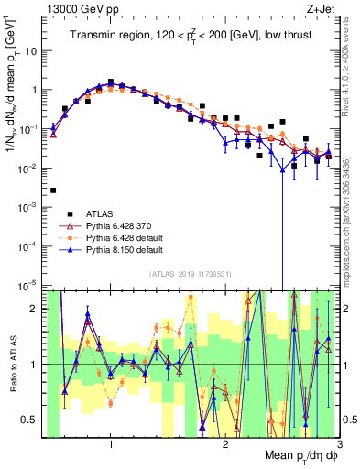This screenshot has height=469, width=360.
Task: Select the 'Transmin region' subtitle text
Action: (x=192, y=36)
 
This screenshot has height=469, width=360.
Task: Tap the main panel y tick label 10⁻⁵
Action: (x=32, y=286)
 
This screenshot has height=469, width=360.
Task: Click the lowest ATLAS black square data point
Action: (x=53, y=191)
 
